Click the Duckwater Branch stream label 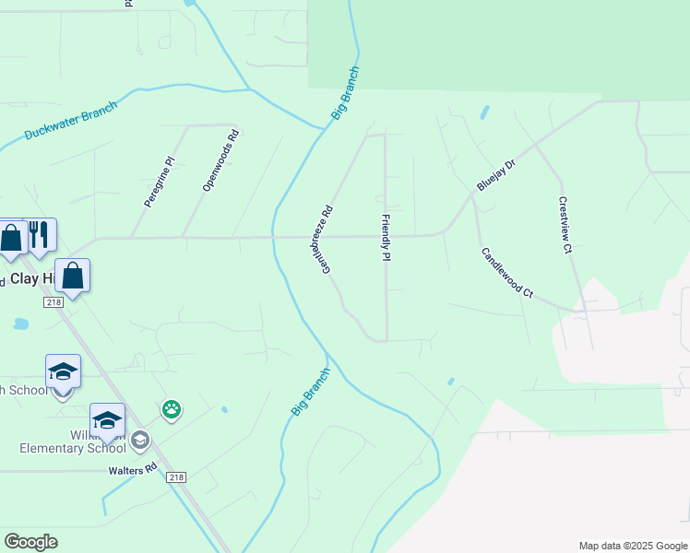coord(71,121)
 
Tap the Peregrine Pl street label coord(159,182)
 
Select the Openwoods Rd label coord(220,160)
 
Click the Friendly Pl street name coord(387,238)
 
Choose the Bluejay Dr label coord(495,173)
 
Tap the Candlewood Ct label coord(506,272)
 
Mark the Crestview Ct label coord(565,225)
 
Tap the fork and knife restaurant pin coord(39,234)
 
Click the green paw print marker coord(172,408)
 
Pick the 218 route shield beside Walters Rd coord(176,477)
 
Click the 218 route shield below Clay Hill coord(54,301)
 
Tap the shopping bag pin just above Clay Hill coord(73,276)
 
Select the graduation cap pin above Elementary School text coord(107,419)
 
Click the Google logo coord(30,542)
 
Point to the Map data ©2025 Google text coord(633,546)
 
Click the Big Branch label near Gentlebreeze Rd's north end coord(345,93)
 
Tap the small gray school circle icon coord(139,439)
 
